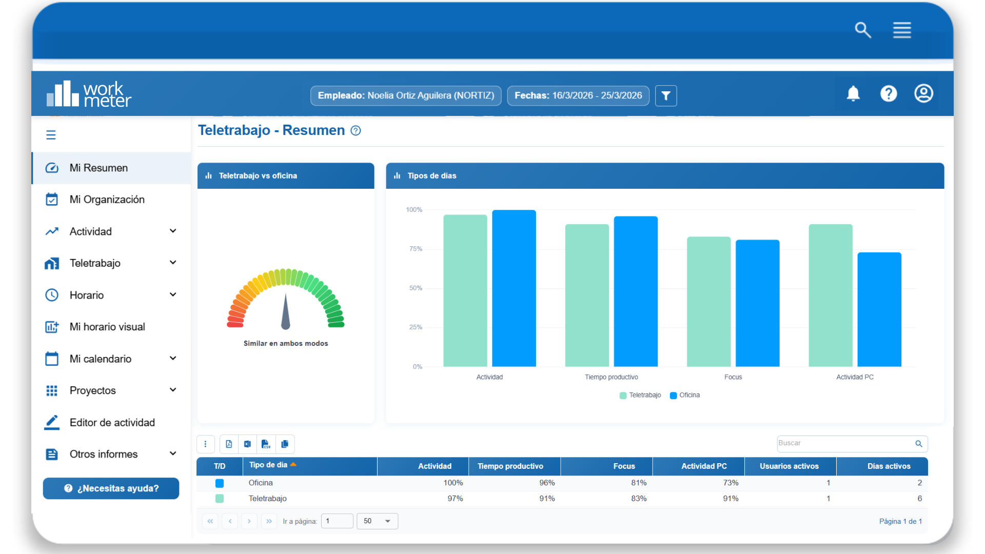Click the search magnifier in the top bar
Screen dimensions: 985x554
863,30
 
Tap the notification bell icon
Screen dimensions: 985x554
853,93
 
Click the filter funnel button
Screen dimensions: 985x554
666,96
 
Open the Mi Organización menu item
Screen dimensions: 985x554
107,200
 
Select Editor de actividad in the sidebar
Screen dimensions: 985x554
112,423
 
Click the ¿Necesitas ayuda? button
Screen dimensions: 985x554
111,488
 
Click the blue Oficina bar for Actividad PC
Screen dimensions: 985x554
879,309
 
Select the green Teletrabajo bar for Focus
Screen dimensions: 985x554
708,302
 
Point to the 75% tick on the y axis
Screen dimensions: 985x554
416,249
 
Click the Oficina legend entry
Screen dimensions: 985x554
685,395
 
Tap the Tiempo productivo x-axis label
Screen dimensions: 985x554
612,377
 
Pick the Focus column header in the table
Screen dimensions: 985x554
624,466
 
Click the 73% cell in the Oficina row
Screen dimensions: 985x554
731,483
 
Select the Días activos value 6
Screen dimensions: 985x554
919,499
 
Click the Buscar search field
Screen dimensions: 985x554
852,444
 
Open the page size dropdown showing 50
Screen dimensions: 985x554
378,521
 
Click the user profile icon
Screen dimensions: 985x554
923,93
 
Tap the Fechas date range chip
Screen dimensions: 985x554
578,96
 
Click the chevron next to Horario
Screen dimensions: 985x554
173,294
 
